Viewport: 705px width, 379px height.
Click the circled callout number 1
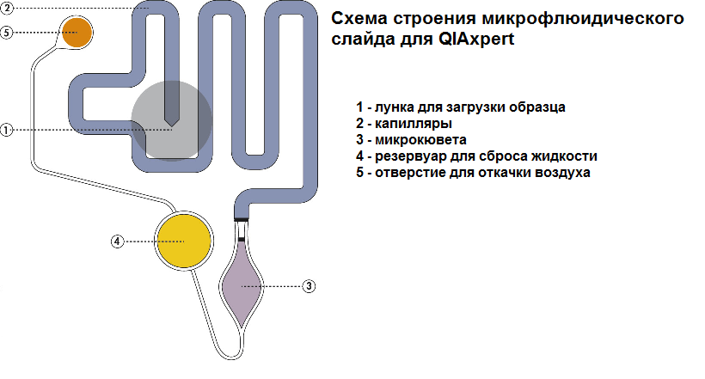click(6, 131)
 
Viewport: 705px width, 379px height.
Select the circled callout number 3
click(310, 285)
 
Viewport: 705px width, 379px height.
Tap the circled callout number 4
click(117, 241)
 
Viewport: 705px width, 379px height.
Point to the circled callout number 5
click(6, 33)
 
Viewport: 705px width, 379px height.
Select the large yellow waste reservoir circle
click(182, 241)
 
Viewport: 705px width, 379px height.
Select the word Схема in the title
click(359, 19)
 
